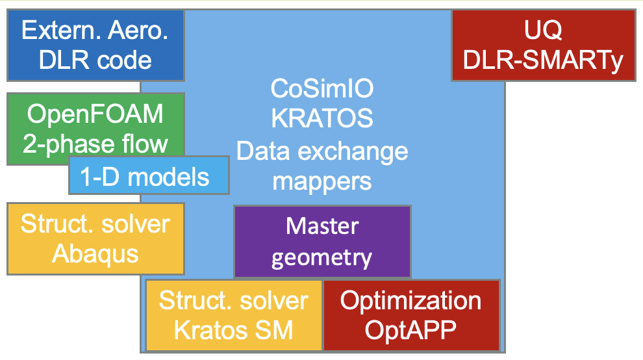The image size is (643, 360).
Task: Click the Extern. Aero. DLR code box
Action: pos(95,44)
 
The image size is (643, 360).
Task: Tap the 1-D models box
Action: pos(149,175)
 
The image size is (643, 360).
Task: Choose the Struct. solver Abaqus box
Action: pos(95,238)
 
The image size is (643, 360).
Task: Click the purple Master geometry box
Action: pos(321,241)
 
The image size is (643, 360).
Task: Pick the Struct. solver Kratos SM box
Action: pos(233,315)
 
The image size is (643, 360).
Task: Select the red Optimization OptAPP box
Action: pos(410,315)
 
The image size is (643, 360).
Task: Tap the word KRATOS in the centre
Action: pos(321,119)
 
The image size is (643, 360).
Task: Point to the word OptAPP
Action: pos(410,330)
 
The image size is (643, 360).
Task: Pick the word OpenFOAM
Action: pos(95,115)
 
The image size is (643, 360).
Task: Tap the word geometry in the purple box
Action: pos(321,257)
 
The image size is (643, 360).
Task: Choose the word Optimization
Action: pos(410,300)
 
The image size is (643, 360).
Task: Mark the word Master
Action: pos(321,226)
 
